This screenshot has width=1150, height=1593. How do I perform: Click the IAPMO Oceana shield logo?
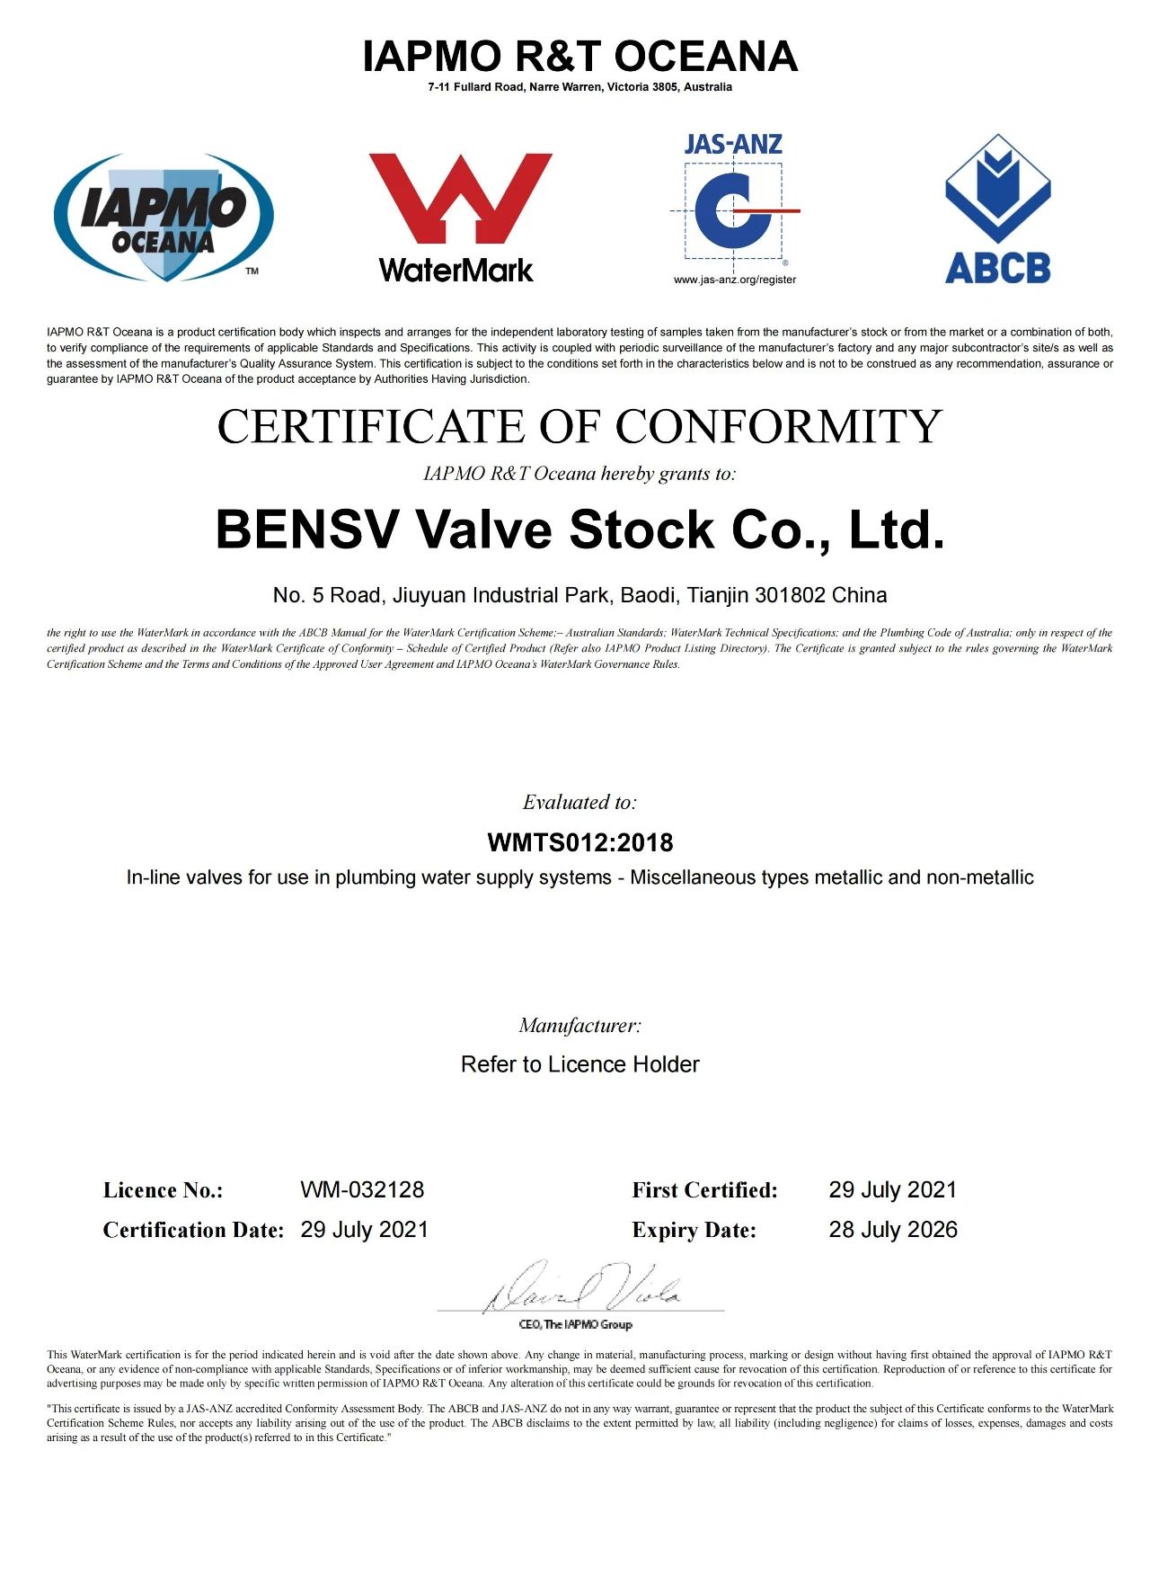tap(164, 217)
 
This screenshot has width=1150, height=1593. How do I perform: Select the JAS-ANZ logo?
tap(734, 201)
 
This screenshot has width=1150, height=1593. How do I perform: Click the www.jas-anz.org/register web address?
tap(735, 280)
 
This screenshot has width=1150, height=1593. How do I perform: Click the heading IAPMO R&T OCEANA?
tap(579, 57)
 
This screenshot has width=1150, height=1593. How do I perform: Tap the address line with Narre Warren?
tap(579, 87)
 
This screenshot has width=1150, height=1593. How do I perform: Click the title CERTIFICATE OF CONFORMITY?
tap(579, 426)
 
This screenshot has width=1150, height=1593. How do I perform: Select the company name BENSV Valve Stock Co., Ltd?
tap(579, 529)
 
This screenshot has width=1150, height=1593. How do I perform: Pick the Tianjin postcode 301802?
tap(790, 595)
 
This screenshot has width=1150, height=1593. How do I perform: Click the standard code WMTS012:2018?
tap(579, 842)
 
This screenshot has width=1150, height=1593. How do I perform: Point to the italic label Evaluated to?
tap(579, 802)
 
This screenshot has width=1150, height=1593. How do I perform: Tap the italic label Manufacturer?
tap(579, 1025)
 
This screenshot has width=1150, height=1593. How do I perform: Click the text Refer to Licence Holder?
tap(579, 1064)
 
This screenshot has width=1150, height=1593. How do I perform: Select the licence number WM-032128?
tap(362, 1189)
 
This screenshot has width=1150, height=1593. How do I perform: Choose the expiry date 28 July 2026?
tap(893, 1230)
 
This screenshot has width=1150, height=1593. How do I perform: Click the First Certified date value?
tap(893, 1189)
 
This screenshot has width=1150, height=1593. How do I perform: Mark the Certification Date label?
tap(193, 1230)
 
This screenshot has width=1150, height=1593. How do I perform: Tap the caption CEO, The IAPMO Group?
tap(576, 1324)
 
